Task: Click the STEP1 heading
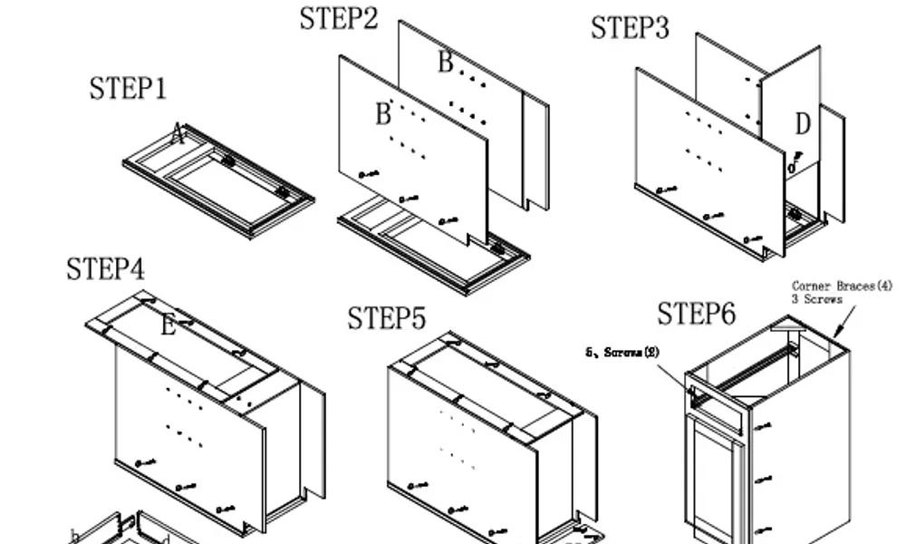(x=128, y=89)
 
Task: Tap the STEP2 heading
(x=339, y=18)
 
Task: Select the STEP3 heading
(x=630, y=28)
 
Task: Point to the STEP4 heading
(x=105, y=269)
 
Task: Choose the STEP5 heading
(x=387, y=319)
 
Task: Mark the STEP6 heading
(x=696, y=314)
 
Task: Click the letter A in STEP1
(x=178, y=136)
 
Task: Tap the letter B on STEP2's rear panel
(x=445, y=63)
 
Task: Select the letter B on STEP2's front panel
(x=382, y=114)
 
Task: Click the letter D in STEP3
(x=803, y=124)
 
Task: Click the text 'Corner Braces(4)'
(x=842, y=287)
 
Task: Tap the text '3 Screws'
(x=817, y=298)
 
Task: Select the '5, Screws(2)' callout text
(x=622, y=352)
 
